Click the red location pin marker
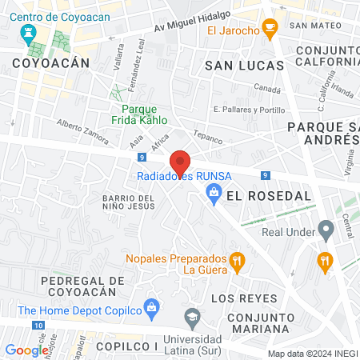181,163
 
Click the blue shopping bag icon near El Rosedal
214,192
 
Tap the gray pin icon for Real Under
325,230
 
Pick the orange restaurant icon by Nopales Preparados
236,260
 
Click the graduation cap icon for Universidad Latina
192,318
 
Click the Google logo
26,350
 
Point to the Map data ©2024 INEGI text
311,354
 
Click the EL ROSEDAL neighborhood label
256,194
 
